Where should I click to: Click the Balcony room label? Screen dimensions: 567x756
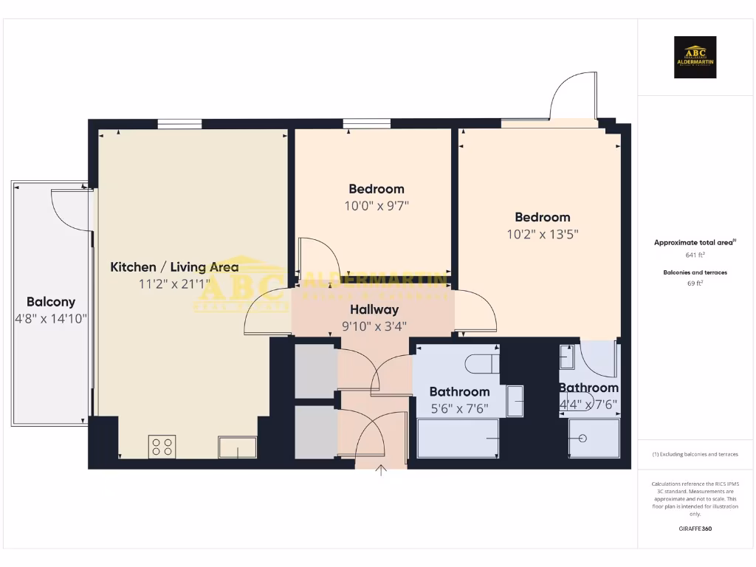(x=51, y=302)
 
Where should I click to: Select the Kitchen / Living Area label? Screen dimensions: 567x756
(x=174, y=267)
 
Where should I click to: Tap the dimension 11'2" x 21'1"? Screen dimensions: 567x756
(x=174, y=284)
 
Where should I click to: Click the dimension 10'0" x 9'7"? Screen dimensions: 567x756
(x=377, y=206)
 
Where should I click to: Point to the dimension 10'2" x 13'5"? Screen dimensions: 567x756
(x=543, y=235)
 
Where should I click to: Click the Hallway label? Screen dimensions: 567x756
(x=374, y=309)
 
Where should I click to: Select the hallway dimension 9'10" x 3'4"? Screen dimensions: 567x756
(x=374, y=326)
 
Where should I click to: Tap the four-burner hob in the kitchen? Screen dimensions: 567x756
(x=162, y=445)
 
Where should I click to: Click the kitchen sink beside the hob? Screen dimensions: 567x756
(x=237, y=447)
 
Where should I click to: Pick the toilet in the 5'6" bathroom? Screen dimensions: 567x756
(x=484, y=362)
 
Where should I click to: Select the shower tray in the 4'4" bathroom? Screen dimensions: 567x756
(x=594, y=438)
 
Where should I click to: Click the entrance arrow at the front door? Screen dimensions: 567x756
(x=382, y=471)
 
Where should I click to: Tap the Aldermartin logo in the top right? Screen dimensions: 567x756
(x=695, y=58)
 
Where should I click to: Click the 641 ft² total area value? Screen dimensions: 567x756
(x=691, y=255)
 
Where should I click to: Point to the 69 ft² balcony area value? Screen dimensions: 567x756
(x=695, y=283)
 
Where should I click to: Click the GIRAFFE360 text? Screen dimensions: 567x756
(x=695, y=529)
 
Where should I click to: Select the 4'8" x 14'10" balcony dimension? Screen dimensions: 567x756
(x=51, y=319)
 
